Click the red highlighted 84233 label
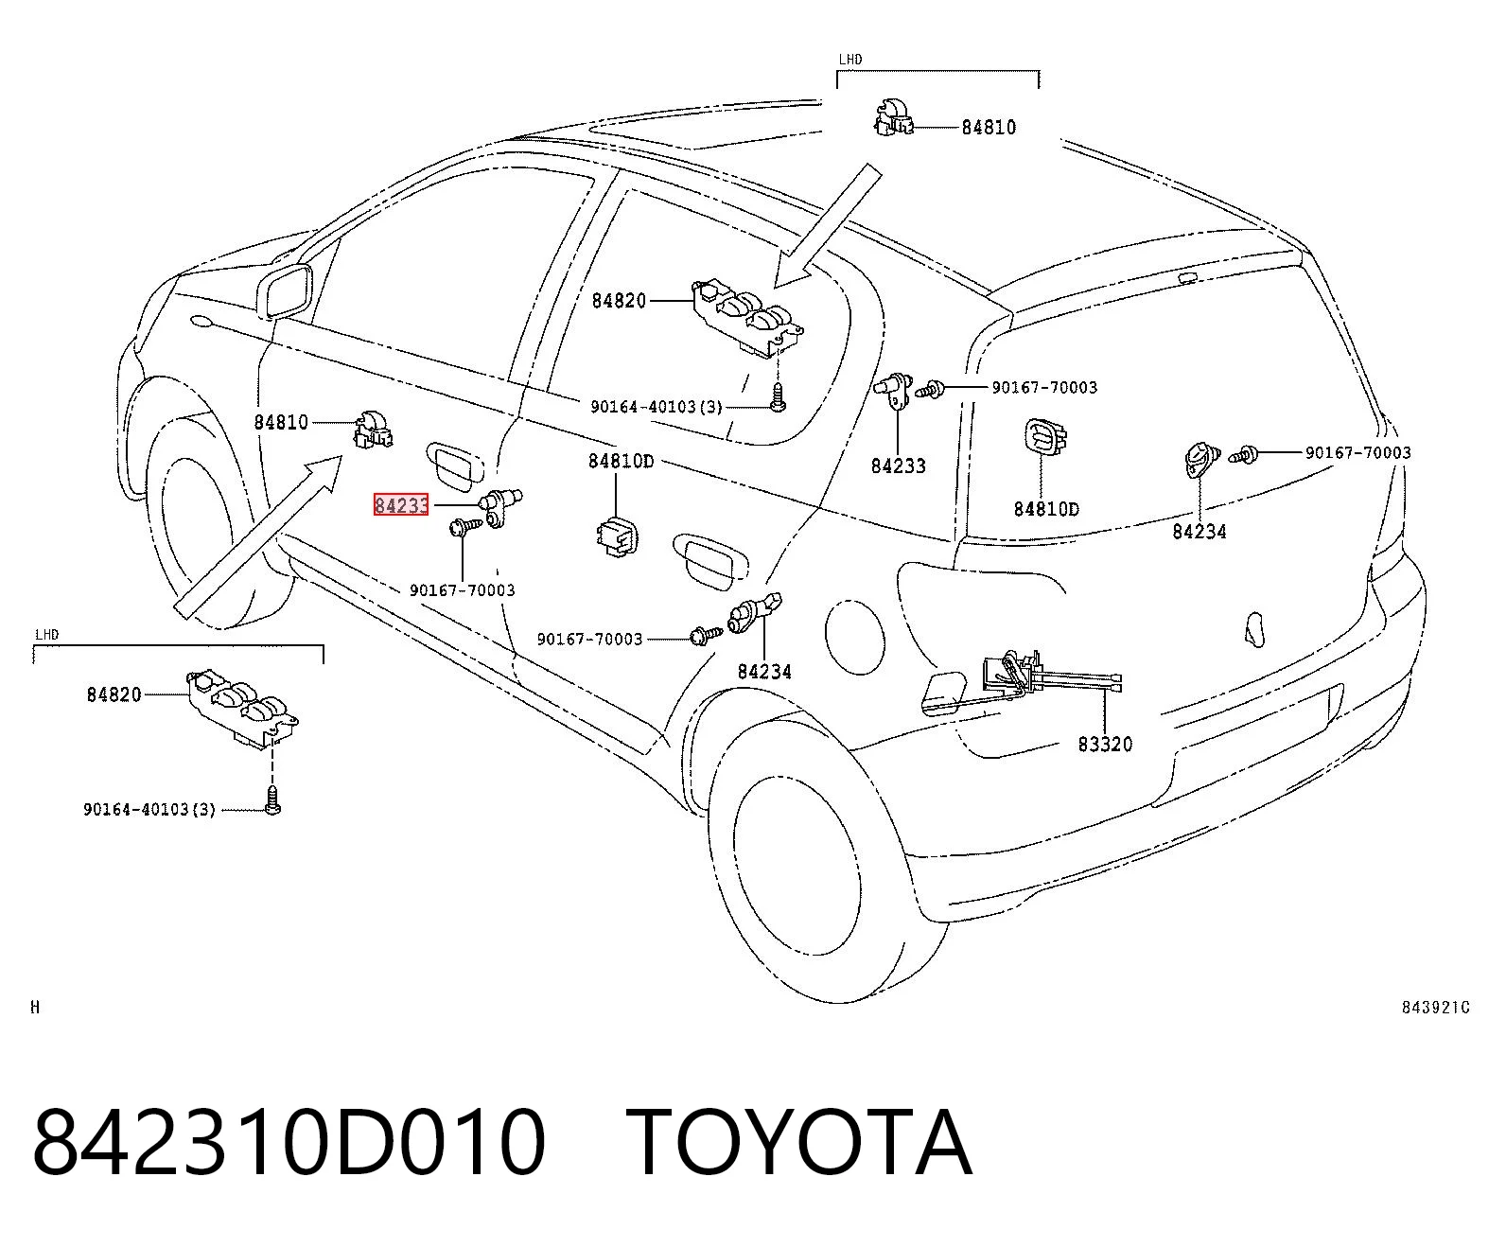coord(401,505)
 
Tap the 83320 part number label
coord(1105,744)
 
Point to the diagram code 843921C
coord(1435,1008)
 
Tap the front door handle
coord(454,463)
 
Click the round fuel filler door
coord(855,637)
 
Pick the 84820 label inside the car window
coord(619,301)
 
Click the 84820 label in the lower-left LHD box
coord(114,695)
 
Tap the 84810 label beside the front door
coord(281,423)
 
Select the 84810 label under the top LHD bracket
coord(989,128)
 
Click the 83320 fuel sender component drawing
coord(1021,682)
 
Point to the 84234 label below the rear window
coord(1199,532)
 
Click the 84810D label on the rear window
coord(1046,509)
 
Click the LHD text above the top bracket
coord(849,60)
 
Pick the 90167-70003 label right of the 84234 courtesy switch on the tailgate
coord(1357,453)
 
